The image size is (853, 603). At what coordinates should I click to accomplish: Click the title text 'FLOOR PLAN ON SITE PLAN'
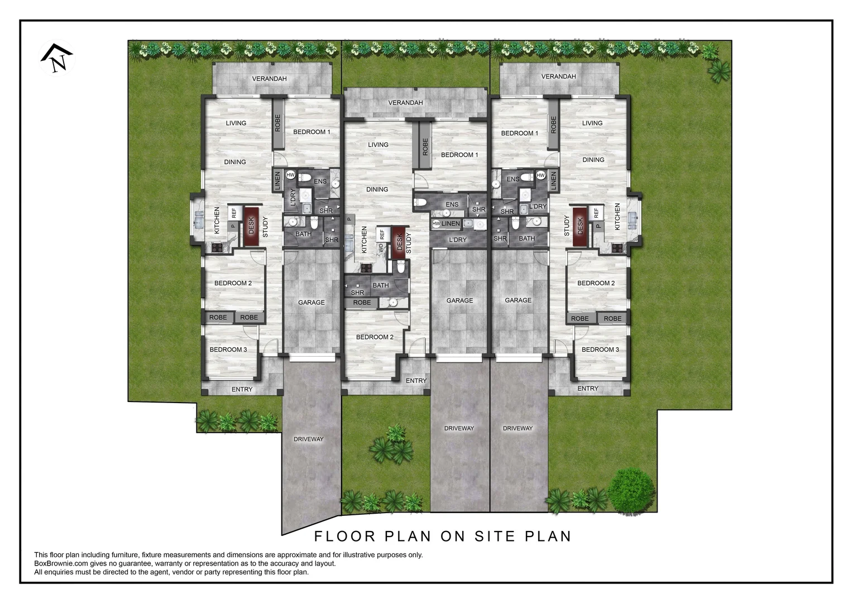point(443,536)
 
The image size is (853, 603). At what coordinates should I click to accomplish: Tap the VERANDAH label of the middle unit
point(406,103)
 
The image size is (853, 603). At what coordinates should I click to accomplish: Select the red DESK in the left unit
point(251,226)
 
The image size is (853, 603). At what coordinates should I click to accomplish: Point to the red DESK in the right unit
point(580,226)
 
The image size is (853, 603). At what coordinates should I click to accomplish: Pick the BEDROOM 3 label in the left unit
point(228,350)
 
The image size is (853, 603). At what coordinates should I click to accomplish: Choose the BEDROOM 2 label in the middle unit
point(375,337)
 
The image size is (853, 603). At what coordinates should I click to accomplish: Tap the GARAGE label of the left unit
point(311,303)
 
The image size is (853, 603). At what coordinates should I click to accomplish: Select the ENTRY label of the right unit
point(588,389)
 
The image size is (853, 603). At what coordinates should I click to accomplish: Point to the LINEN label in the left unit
point(277,181)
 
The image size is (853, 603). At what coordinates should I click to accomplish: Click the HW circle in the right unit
point(540,175)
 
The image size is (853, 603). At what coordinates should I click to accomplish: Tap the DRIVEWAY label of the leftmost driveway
point(309,439)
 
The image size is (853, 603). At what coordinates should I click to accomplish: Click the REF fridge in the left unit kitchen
point(234,213)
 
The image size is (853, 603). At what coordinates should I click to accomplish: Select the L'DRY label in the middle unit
point(458,240)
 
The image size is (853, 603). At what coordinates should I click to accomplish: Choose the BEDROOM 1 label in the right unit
point(520,133)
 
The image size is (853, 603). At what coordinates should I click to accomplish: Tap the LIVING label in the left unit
point(236,123)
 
